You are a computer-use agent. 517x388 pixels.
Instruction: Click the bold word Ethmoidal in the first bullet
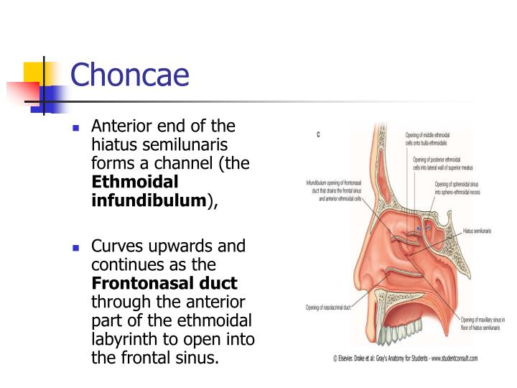coord(135,181)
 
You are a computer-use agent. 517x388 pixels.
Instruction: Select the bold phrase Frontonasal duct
coord(164,283)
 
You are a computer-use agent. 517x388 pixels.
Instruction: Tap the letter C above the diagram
coord(318,134)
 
